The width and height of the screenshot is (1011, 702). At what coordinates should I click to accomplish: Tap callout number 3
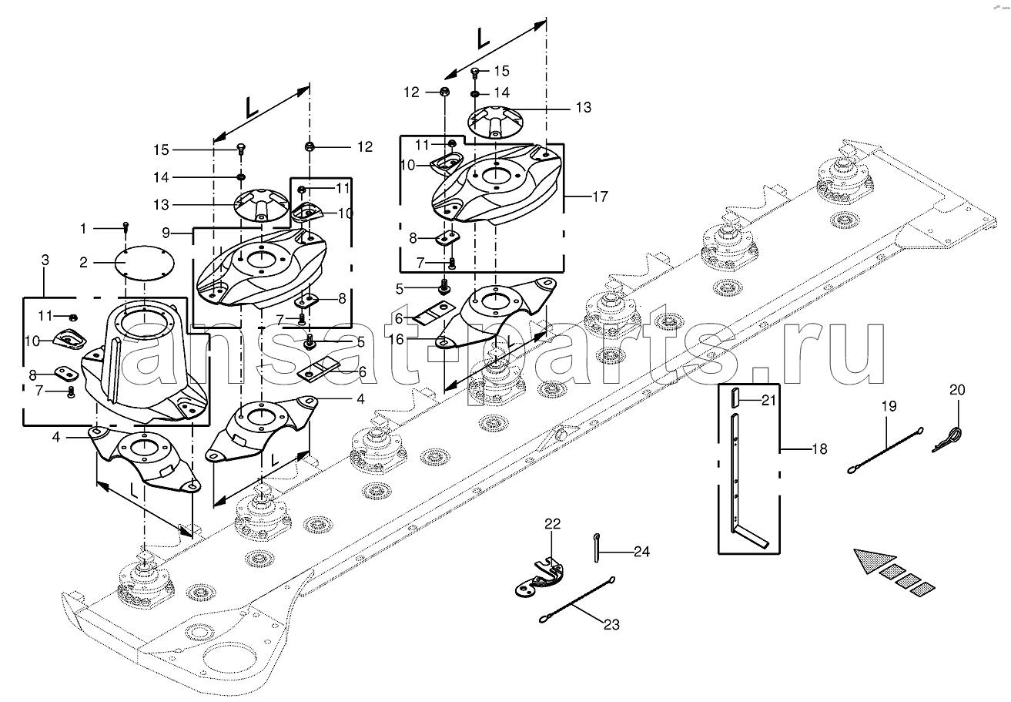tap(45, 261)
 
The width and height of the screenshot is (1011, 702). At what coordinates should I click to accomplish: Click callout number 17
tap(600, 196)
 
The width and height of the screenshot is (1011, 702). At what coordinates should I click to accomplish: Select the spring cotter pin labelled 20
tap(951, 439)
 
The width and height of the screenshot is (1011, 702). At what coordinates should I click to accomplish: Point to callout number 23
tap(610, 625)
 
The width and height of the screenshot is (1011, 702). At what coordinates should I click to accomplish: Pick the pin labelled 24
tap(598, 543)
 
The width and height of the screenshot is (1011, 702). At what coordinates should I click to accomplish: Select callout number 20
tap(956, 390)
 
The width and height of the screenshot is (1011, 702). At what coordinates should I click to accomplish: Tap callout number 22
tap(554, 524)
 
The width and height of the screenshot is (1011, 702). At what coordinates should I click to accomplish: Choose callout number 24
tap(641, 552)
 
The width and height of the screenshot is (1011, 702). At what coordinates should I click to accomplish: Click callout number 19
tap(889, 405)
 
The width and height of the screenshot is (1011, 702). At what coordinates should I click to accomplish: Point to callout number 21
tap(770, 399)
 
